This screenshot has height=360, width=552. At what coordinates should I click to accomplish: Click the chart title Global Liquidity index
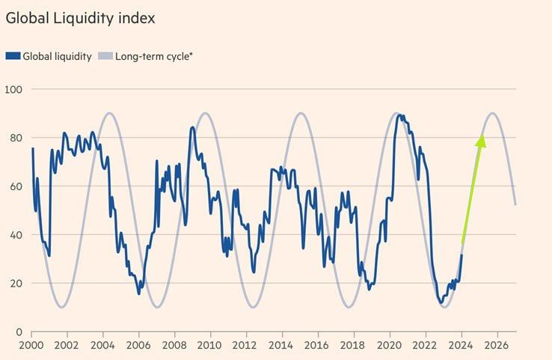[80, 18]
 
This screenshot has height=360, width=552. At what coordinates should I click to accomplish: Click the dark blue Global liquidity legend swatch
[13, 56]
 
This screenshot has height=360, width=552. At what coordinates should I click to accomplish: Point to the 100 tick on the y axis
[14, 90]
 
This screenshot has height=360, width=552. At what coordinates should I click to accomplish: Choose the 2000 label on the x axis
[32, 347]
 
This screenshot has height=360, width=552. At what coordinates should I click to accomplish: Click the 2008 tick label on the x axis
[174, 347]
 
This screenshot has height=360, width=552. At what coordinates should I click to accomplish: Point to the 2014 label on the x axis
[280, 347]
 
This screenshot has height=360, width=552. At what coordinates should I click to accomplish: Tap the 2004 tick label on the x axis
[103, 347]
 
